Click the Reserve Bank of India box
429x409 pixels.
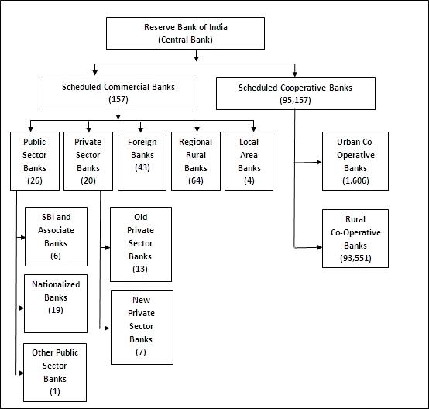(x=185, y=33)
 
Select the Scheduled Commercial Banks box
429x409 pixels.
(x=118, y=92)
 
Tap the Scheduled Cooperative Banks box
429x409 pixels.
(x=296, y=94)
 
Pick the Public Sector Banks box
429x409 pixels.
(x=35, y=161)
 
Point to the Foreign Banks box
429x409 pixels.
(x=142, y=161)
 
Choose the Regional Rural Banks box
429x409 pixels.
(x=196, y=161)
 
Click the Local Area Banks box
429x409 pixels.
(x=249, y=161)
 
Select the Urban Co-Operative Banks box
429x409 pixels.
(x=355, y=161)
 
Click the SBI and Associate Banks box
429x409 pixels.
(x=56, y=236)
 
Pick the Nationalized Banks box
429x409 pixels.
(x=56, y=304)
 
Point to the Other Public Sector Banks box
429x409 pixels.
(x=55, y=373)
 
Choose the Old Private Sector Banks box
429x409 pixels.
(x=141, y=244)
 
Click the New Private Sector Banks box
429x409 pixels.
(x=142, y=328)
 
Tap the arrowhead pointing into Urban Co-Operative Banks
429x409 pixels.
(x=319, y=162)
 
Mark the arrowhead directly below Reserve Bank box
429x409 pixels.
(x=196, y=58)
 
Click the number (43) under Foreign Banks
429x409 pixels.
(x=142, y=167)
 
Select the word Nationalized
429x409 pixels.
(x=56, y=284)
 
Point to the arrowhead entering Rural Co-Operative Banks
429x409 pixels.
(x=319, y=247)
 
